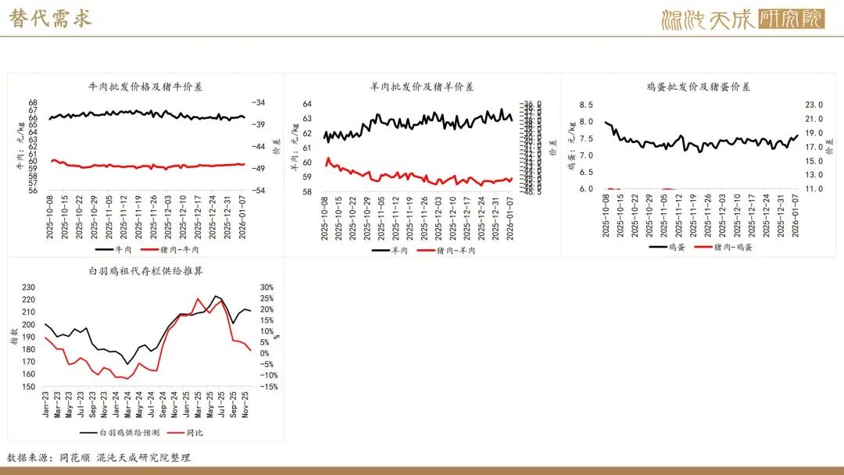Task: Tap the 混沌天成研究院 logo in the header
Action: click(742, 19)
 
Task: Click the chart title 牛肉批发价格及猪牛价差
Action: click(146, 87)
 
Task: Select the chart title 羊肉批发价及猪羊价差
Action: click(421, 87)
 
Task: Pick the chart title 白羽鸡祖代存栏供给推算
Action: click(146, 270)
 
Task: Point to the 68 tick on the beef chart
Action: click(33, 103)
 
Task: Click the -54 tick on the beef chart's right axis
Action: click(260, 191)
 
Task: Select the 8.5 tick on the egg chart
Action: click(585, 104)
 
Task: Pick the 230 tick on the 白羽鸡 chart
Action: click(29, 287)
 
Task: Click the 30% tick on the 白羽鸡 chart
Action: click(266, 287)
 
